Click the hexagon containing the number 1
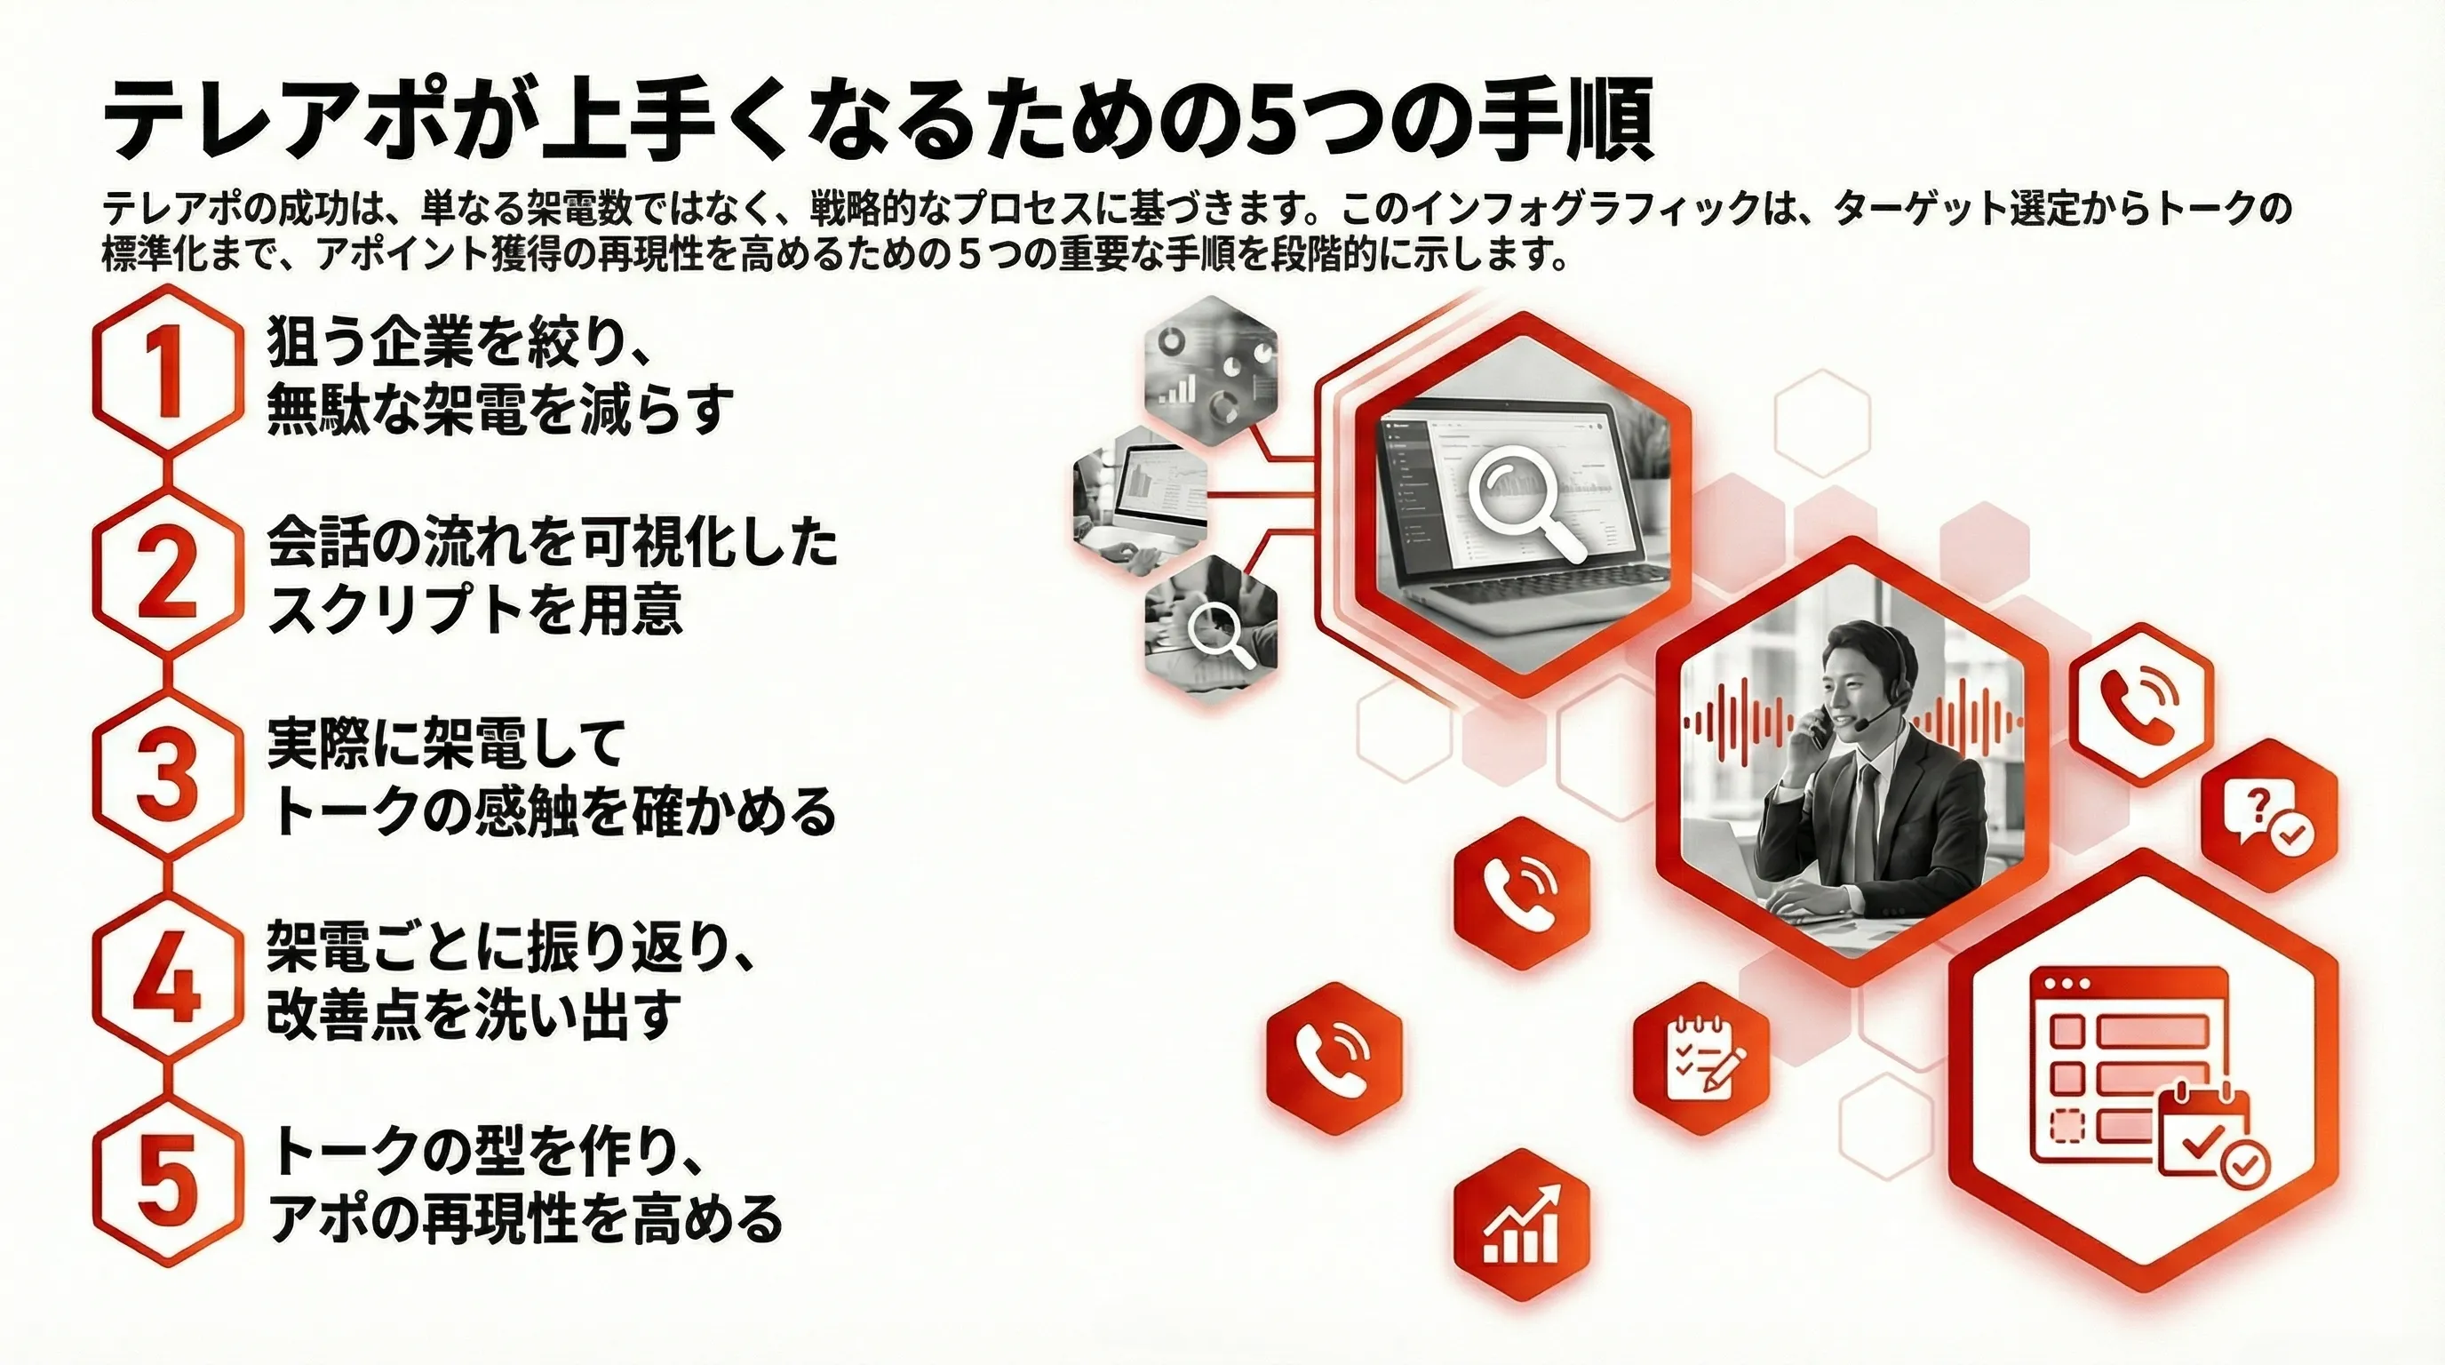(x=168, y=371)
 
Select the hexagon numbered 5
(x=168, y=1182)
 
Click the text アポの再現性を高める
(x=526, y=1217)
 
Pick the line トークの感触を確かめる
(x=553, y=812)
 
